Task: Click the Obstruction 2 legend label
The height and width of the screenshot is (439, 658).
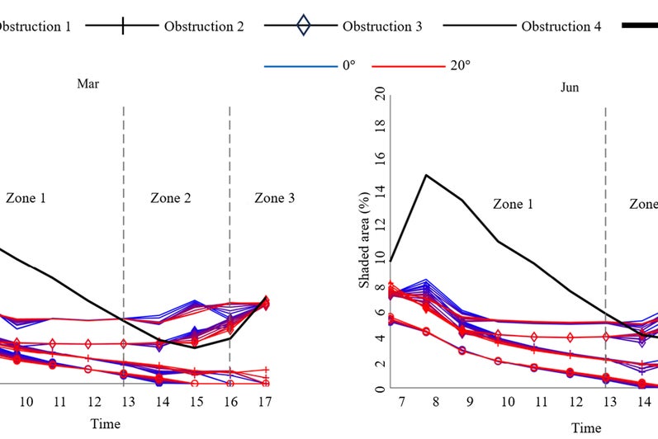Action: (204, 26)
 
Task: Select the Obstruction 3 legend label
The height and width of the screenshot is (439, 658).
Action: (382, 26)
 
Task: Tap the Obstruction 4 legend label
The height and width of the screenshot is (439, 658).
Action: (561, 26)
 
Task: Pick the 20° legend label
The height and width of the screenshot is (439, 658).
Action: (459, 64)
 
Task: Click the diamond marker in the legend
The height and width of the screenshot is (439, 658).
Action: (304, 26)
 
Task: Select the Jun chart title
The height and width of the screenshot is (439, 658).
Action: (570, 87)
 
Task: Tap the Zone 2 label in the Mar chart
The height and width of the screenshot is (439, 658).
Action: (171, 198)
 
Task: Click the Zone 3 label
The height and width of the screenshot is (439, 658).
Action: (274, 198)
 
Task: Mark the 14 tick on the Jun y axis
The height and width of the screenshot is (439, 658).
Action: (380, 190)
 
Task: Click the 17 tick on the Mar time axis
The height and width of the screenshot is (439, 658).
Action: (265, 402)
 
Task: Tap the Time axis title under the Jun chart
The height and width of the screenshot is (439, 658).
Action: (587, 428)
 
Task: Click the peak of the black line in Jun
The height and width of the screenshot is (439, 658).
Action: (426, 175)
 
